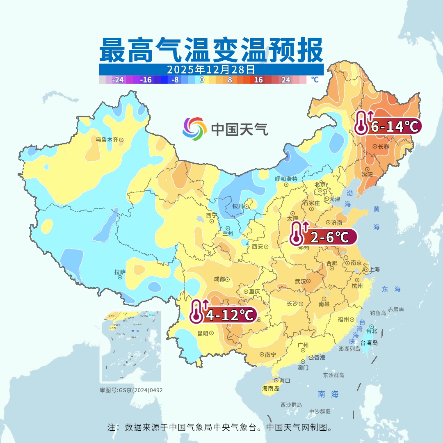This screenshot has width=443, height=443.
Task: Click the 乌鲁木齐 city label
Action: [107, 139]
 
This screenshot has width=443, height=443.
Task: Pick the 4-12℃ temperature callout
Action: [224, 315]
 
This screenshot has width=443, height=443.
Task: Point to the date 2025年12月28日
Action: [211, 69]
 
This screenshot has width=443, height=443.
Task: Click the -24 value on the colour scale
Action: [118, 80]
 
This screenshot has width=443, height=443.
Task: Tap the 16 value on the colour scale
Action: [258, 80]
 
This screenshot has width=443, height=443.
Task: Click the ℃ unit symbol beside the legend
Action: [315, 80]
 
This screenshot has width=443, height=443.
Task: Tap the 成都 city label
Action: [219, 279]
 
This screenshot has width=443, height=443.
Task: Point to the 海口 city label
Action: [285, 381]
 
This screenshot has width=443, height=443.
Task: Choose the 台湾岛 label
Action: [369, 343]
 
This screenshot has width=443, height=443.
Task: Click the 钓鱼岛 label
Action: [378, 313]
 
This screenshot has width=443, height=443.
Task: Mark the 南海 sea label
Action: [328, 394]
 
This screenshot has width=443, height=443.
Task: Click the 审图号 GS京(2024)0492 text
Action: [131, 390]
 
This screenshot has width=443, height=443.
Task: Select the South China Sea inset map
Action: [131, 347]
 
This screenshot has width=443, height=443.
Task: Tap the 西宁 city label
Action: [212, 215]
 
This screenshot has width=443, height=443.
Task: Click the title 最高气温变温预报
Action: [211, 50]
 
